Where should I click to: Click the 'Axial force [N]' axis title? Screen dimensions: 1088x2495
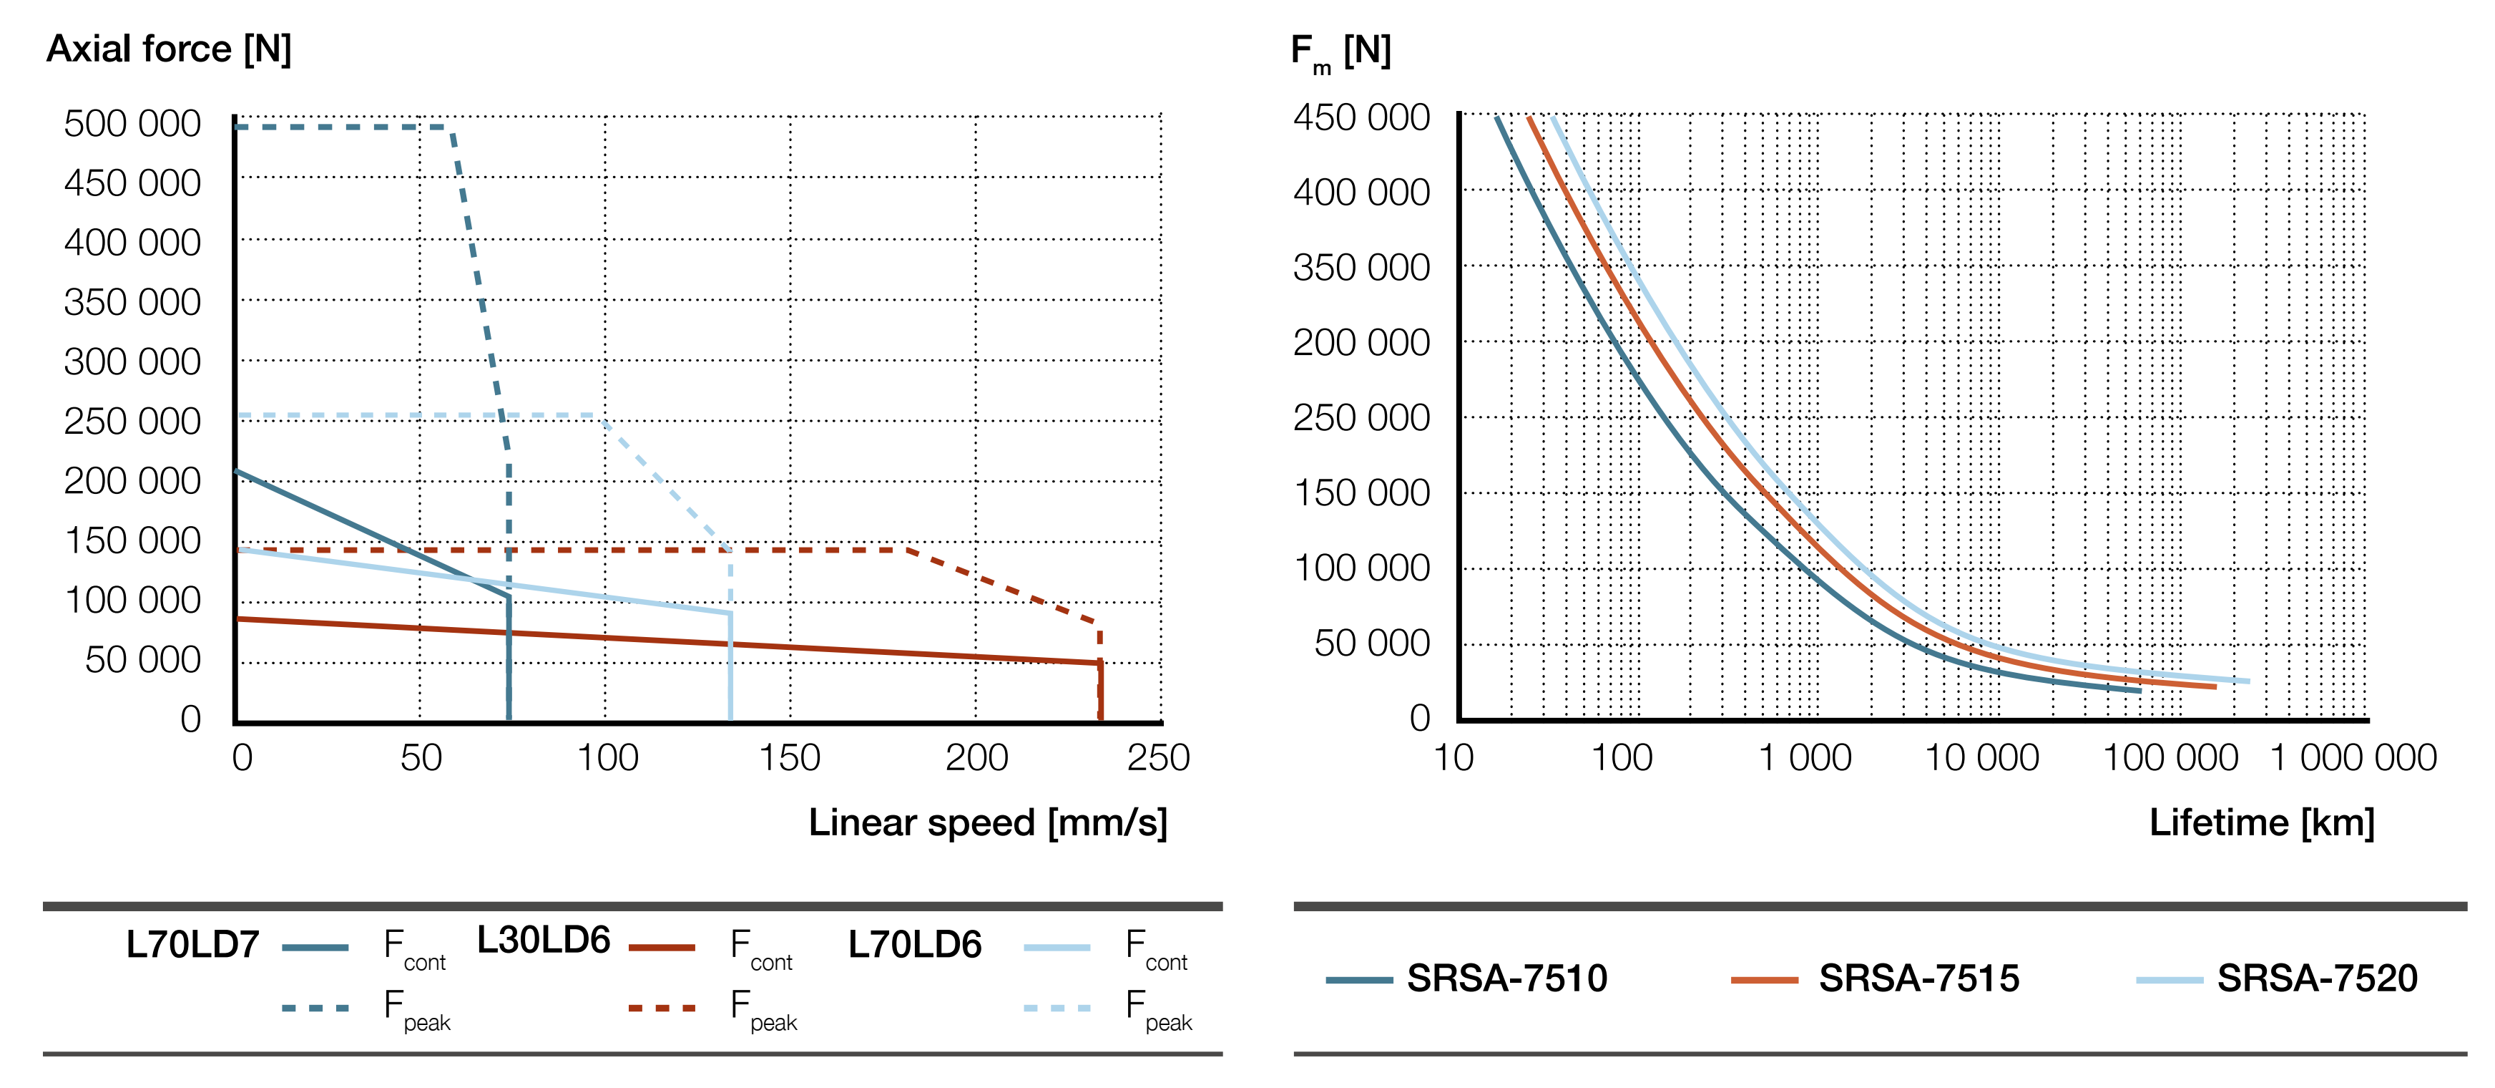pyautogui.click(x=169, y=49)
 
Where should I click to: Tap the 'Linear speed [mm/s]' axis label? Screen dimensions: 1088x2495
pyautogui.click(x=987, y=822)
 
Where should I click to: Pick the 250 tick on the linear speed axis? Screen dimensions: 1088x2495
pyautogui.click(x=1157, y=757)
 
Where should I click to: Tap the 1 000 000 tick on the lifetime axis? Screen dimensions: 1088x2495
pyautogui.click(x=2353, y=757)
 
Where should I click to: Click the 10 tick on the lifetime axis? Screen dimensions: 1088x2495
pyautogui.click(x=1453, y=757)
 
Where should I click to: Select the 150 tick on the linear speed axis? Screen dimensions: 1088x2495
pyautogui.click(x=790, y=757)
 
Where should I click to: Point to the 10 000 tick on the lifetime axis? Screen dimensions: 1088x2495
pyautogui.click(x=1981, y=757)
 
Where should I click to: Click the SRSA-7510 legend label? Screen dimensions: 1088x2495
pyautogui.click(x=1506, y=978)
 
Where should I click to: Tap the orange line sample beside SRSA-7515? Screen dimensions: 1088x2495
pyautogui.click(x=1764, y=981)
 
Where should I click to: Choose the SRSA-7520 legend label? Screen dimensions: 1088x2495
pyautogui.click(x=2317, y=978)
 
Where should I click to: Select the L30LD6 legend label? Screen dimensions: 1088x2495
pyautogui.click(x=544, y=940)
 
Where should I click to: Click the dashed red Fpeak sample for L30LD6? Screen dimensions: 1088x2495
pyautogui.click(x=662, y=1009)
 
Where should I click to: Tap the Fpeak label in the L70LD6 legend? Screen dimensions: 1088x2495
pyautogui.click(x=1158, y=1009)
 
